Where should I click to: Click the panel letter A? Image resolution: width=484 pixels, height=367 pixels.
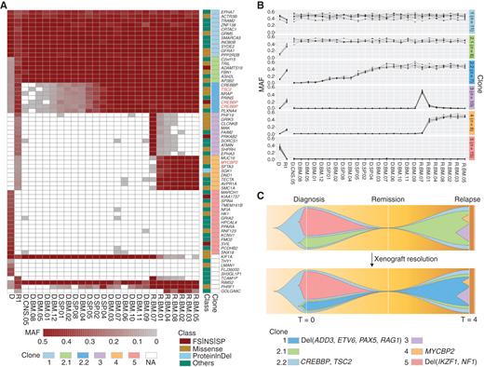point(5,6)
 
